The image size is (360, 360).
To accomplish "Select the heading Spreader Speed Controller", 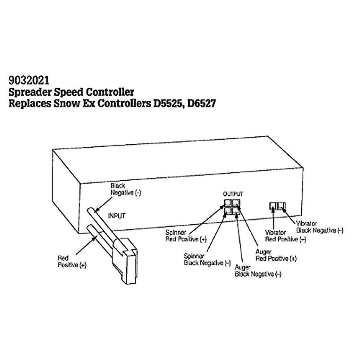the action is (x=71, y=92).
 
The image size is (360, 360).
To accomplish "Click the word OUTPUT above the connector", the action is (x=233, y=194).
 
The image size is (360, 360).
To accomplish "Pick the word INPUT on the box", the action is (x=116, y=216).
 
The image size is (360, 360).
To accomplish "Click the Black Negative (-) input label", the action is (x=125, y=189).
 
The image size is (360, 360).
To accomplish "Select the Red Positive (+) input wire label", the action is (x=72, y=262).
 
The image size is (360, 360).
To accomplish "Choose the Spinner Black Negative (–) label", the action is (x=207, y=259).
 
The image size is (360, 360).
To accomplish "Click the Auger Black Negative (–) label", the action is (x=258, y=271).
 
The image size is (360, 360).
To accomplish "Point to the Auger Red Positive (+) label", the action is (x=276, y=255).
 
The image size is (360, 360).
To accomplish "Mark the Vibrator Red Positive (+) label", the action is (x=285, y=236).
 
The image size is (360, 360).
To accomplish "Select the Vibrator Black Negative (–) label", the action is (x=319, y=227).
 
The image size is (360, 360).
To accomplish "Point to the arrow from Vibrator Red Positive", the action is (x=274, y=219).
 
